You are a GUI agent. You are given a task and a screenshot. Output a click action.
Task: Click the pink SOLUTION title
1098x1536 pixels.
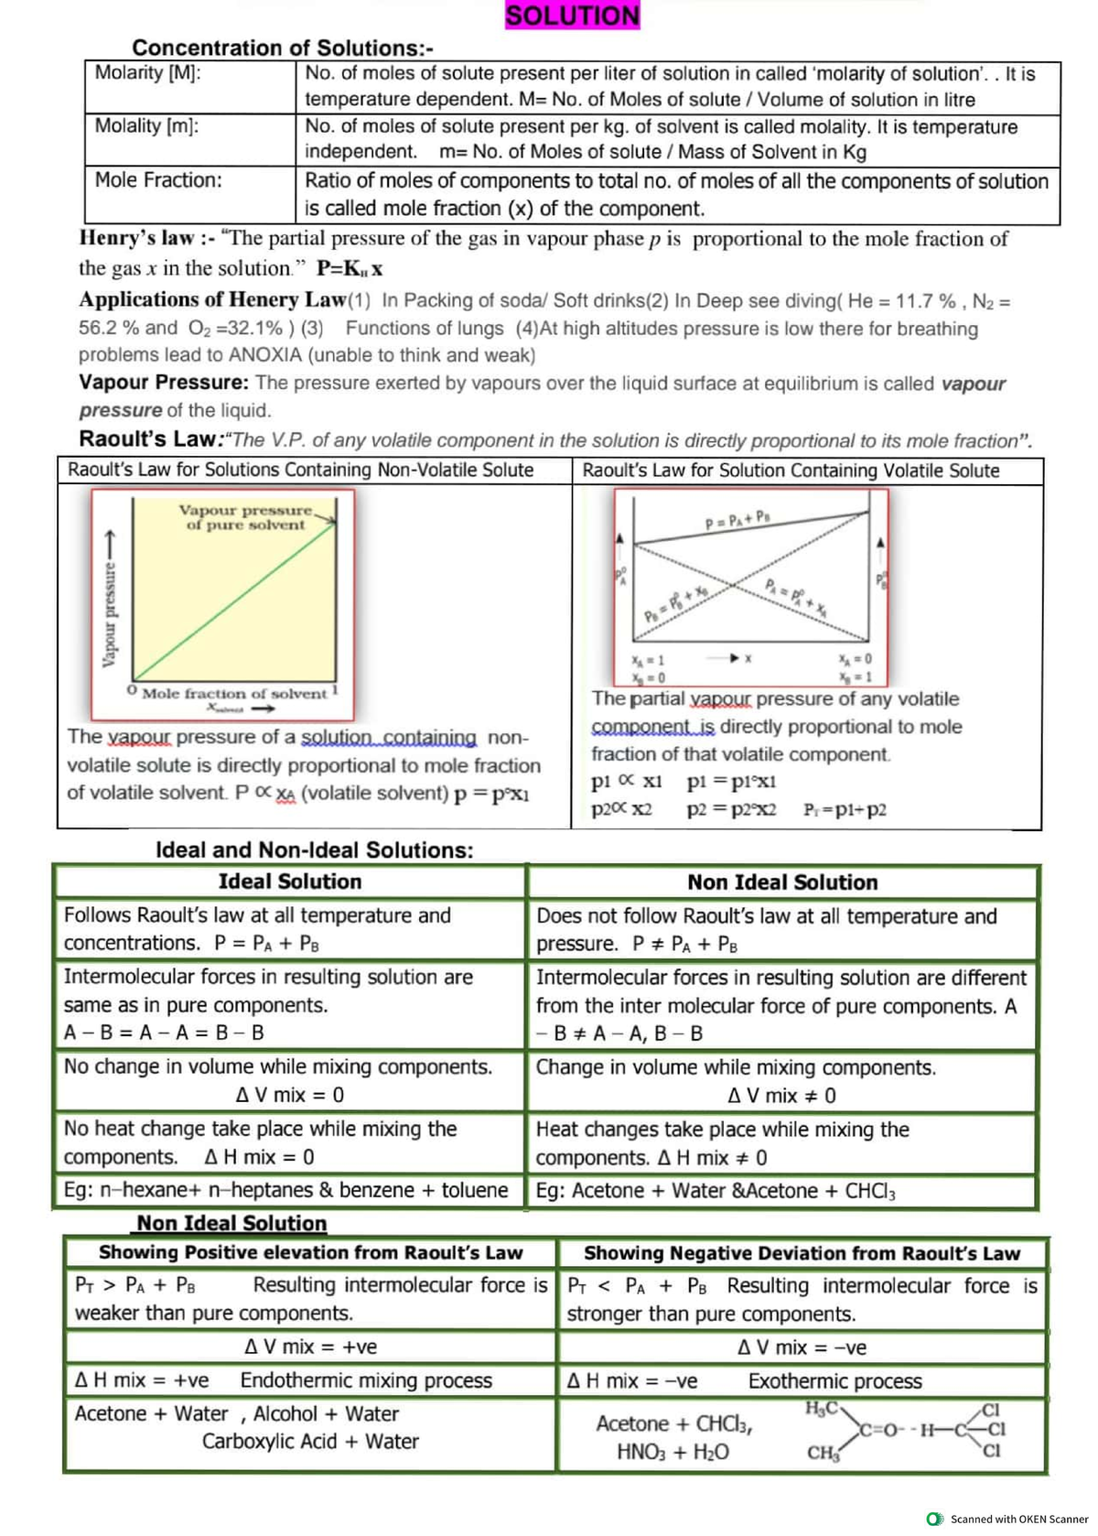point(573,16)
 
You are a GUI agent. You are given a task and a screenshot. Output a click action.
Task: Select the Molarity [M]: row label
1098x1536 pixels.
point(148,73)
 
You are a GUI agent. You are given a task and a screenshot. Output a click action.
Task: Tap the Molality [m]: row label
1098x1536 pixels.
point(146,126)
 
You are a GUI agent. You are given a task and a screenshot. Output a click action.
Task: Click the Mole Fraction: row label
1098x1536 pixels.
point(158,180)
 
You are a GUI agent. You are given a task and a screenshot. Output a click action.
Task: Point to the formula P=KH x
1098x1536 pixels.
point(350,268)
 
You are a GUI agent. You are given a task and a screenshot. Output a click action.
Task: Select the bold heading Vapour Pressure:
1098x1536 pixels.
point(163,383)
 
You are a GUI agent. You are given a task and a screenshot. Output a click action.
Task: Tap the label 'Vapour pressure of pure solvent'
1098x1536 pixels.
point(244,517)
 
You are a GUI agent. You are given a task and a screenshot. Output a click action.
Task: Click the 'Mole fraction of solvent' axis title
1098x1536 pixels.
point(234,694)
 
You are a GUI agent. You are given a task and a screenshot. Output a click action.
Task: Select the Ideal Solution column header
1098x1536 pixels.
point(290,882)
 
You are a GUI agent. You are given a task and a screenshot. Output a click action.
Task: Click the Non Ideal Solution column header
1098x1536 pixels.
point(782,882)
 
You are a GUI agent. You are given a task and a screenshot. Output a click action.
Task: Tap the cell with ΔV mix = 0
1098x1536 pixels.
point(290,1095)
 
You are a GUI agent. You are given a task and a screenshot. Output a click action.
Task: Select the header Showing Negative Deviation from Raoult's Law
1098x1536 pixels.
point(802,1253)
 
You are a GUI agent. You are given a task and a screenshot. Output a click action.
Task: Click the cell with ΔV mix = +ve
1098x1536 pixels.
point(310,1347)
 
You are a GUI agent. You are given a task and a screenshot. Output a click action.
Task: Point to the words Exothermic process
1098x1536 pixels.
point(834,1380)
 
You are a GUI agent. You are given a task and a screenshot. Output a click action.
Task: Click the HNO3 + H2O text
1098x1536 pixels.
point(673,1452)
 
